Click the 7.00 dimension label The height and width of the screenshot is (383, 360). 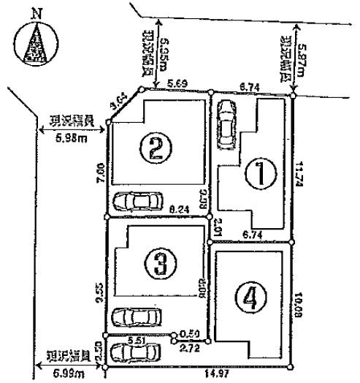point(100,169)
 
